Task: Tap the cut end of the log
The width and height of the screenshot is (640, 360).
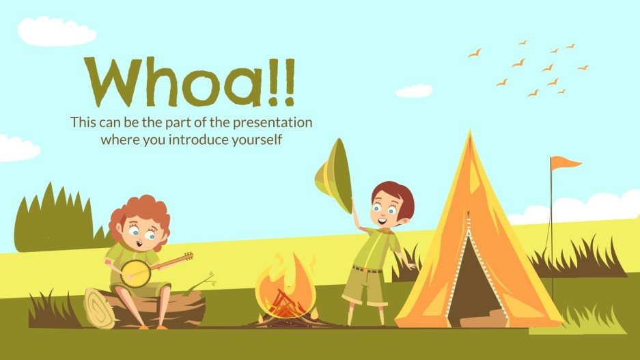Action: [100, 308]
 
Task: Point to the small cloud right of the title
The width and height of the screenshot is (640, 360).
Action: [414, 91]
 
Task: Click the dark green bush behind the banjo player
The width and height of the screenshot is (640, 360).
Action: [55, 219]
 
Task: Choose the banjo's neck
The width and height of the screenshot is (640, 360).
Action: [173, 260]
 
